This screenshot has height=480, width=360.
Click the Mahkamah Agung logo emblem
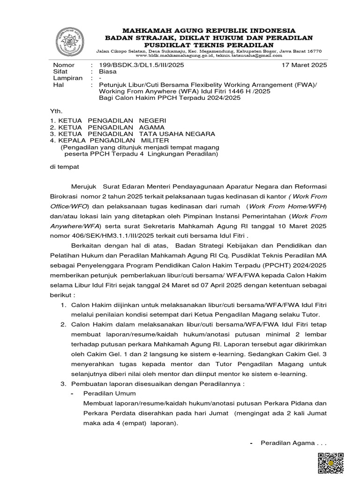pos(70,41)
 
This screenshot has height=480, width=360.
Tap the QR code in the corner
pos(331,464)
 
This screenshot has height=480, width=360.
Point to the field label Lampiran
pos(67,78)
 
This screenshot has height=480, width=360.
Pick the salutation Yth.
pos(56,111)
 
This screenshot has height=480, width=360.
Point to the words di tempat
pos(65,166)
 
